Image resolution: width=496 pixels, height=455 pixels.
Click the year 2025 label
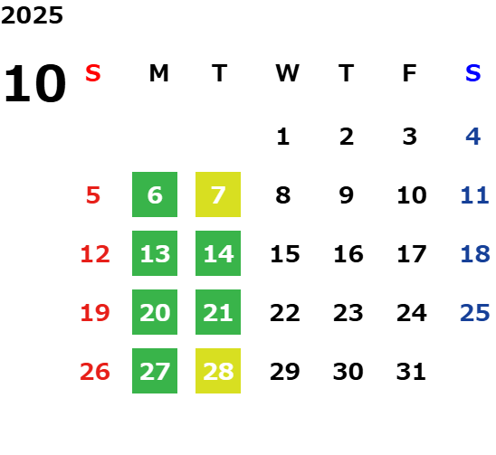coord(32,15)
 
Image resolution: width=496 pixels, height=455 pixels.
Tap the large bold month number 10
coord(35,83)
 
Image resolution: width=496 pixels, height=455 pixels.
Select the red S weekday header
coord(93,73)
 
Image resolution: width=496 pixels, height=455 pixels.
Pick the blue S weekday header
coord(472,73)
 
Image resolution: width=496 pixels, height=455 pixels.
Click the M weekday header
coord(158,73)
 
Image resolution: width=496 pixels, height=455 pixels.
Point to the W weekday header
coord(287,73)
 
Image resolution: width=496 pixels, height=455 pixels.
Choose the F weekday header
coord(410,73)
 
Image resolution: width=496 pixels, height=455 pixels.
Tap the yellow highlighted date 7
coord(218,194)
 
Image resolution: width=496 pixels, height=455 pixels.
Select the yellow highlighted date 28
coord(218,371)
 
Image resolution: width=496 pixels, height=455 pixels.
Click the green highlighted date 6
coord(155,194)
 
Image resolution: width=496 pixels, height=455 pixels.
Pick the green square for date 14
coord(218,253)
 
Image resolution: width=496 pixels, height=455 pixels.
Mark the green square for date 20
coord(155,312)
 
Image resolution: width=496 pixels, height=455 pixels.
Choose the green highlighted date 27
coord(155,371)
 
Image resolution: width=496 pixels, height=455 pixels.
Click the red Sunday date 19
coord(95,312)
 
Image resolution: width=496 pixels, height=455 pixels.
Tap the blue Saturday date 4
coord(473,137)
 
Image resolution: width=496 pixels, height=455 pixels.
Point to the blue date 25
coord(475,312)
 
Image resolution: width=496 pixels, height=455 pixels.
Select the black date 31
coord(411,371)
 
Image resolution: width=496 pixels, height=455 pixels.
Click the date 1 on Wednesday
coord(283,137)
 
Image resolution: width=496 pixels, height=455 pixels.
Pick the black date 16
coord(348,253)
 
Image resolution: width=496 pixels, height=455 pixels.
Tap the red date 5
coord(93,194)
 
